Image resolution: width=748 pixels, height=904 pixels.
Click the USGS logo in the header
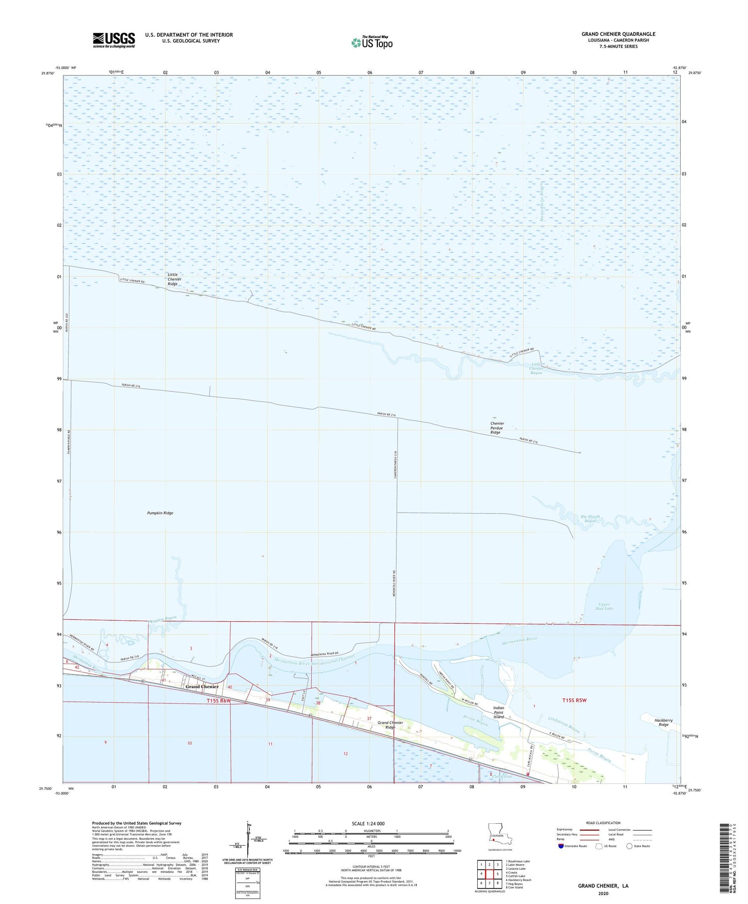114,40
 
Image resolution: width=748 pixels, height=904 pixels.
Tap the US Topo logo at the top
372,42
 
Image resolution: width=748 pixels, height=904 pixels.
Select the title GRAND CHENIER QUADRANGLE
618,34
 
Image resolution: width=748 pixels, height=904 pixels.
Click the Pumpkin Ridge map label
160,513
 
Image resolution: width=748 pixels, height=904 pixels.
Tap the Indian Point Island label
498,712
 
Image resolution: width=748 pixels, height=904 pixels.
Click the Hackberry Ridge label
663,723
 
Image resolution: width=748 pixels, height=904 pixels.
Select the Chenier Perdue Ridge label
497,428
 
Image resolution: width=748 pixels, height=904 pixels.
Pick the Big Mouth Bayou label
590,519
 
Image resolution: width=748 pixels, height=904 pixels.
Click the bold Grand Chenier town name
202,687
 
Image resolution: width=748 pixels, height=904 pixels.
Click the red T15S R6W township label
219,701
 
